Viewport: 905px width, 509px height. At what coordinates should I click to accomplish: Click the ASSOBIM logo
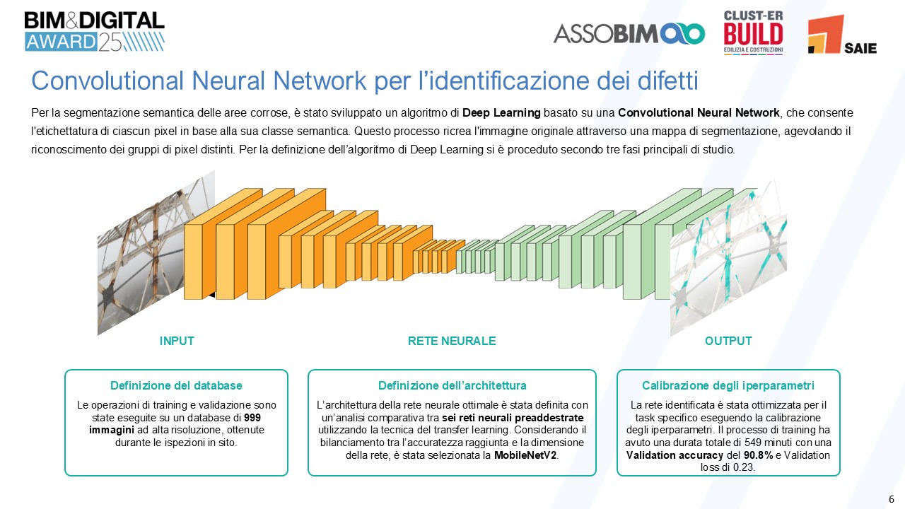629,33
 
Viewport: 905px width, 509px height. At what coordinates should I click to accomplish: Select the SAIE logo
841,35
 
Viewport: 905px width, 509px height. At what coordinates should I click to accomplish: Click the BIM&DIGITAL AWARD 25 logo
94,31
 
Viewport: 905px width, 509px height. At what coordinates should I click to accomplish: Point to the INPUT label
177,341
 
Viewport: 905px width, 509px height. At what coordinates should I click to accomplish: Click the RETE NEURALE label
452,341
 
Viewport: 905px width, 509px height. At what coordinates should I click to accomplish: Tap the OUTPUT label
728,341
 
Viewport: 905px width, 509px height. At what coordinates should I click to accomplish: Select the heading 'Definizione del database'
176,386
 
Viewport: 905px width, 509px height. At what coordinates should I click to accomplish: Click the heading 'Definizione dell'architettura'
452,386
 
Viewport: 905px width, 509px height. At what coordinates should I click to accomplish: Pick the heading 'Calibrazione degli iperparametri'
728,386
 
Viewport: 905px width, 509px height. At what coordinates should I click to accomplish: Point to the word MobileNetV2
525,455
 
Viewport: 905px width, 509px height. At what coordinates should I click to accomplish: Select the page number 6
892,496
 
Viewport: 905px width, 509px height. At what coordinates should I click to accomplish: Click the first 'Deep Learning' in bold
501,113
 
